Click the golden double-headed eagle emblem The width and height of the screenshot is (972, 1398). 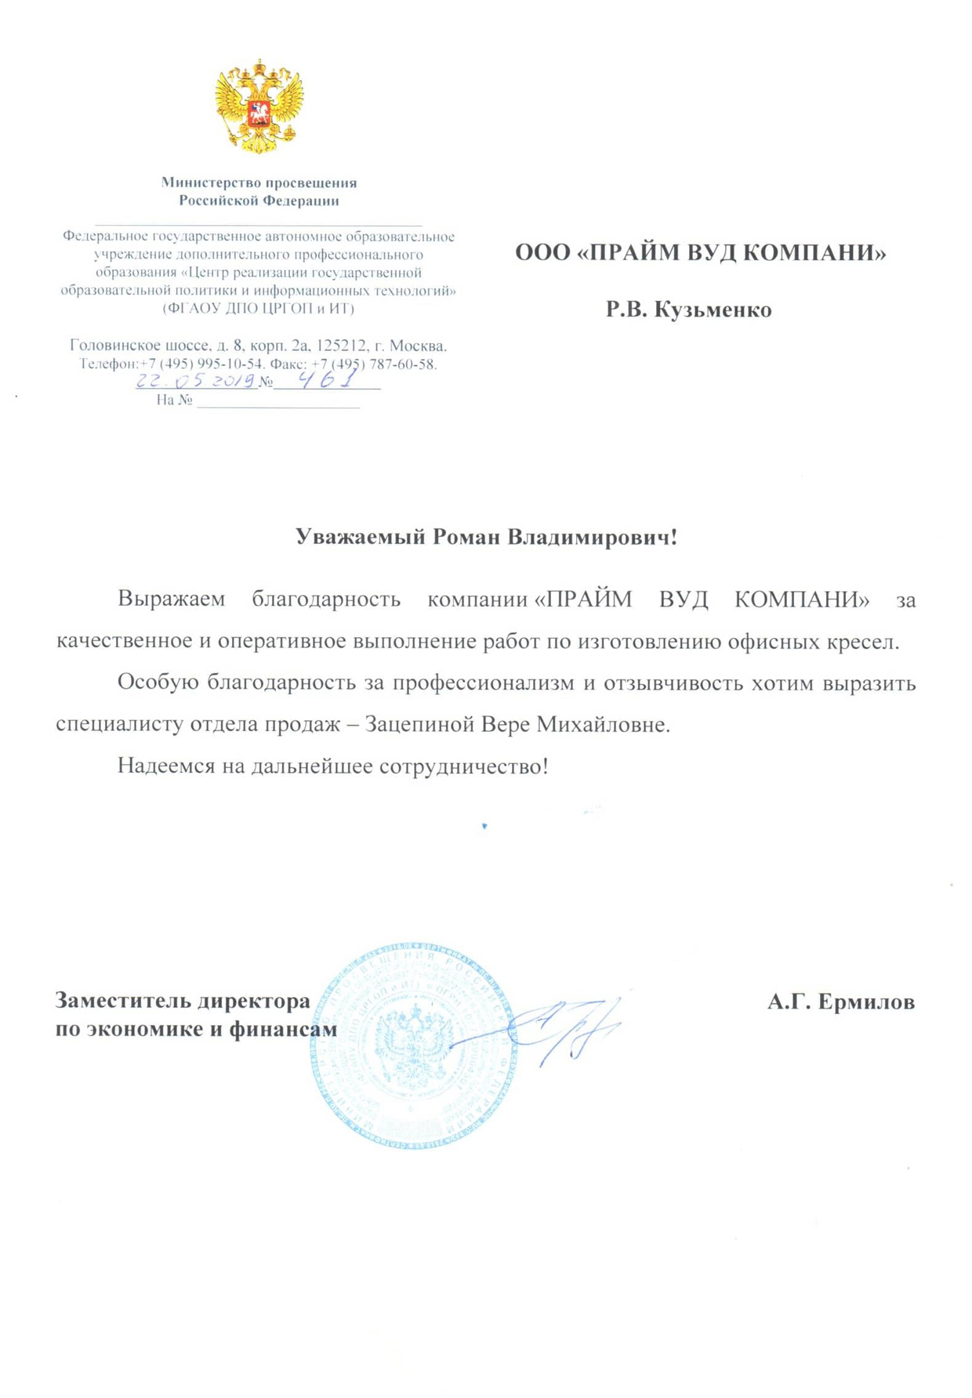click(259, 106)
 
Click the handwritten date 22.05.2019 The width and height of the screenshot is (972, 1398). click(196, 381)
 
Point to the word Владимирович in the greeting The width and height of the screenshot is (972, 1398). click(592, 538)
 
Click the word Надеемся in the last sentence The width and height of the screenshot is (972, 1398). click(166, 766)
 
